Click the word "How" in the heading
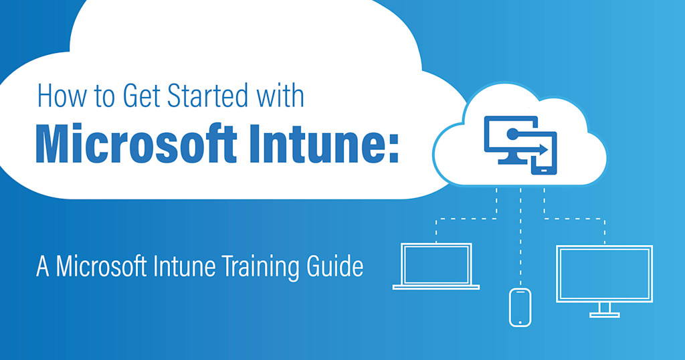62,96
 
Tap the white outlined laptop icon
436,266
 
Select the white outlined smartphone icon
520,306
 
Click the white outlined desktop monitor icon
604,274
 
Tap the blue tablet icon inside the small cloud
544,155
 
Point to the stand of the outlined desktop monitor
604,308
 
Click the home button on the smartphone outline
520,320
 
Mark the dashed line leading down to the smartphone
520,241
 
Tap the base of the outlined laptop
436,287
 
